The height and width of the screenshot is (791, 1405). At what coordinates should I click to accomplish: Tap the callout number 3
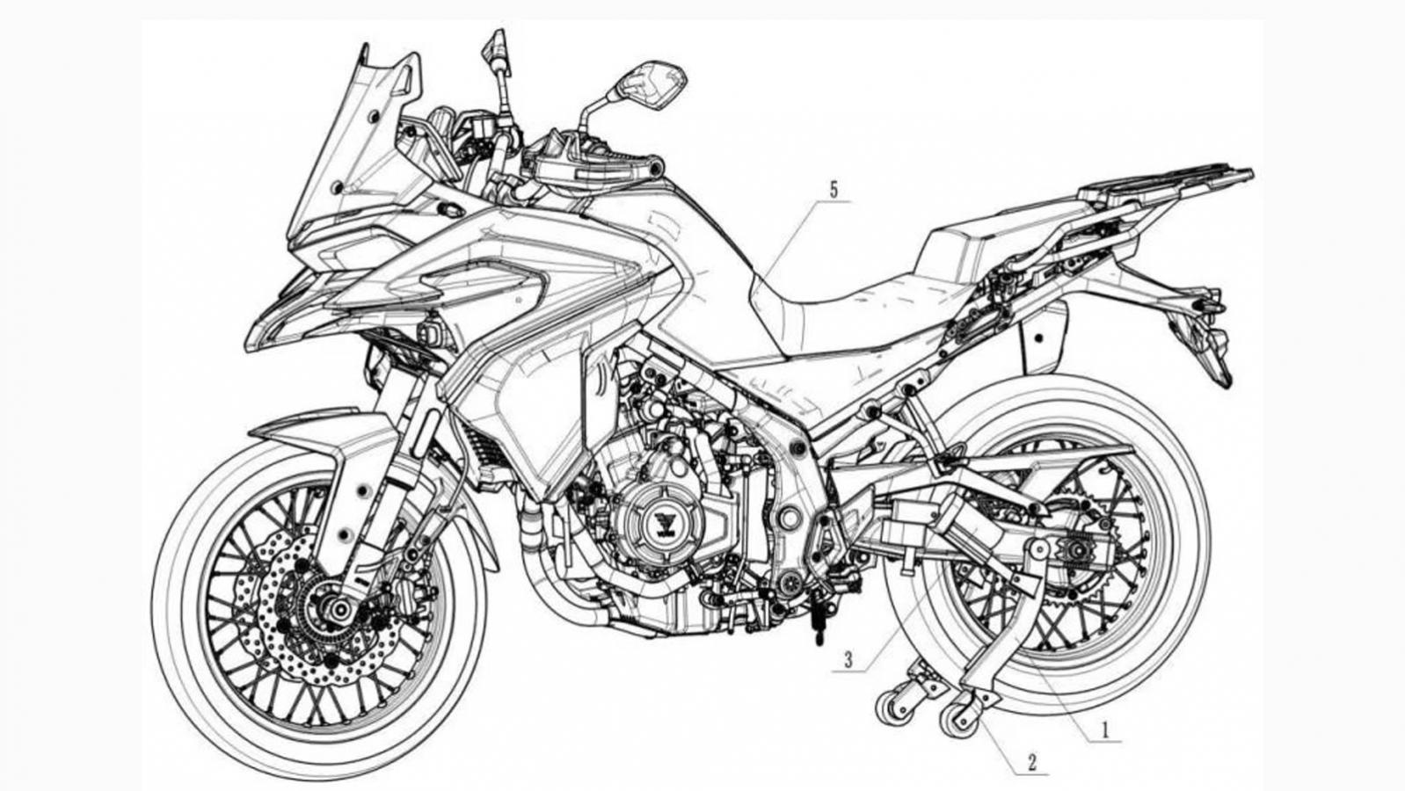pyautogui.click(x=848, y=659)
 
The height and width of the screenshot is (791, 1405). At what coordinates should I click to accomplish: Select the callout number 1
pyautogui.click(x=1106, y=729)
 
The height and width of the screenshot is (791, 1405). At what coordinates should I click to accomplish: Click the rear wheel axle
pyautogui.click(x=1071, y=551)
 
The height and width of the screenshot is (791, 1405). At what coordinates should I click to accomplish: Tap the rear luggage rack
pyautogui.click(x=1161, y=180)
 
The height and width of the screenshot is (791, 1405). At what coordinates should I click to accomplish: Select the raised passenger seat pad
pyautogui.click(x=954, y=246)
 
